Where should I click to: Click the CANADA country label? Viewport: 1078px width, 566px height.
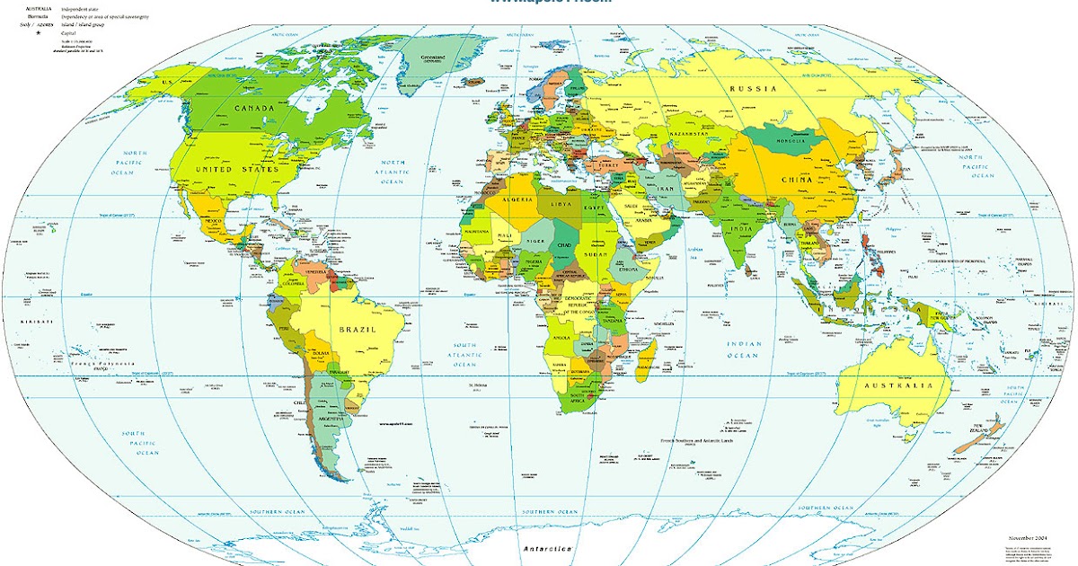click(x=253, y=108)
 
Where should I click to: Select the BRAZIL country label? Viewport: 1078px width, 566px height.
click(x=356, y=330)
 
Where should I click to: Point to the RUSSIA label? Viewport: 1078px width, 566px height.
click(x=752, y=88)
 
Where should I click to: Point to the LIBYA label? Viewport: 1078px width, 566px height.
click(x=560, y=206)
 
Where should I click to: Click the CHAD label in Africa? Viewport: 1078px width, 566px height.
click(x=564, y=245)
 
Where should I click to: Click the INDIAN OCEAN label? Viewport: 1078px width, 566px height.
click(x=745, y=349)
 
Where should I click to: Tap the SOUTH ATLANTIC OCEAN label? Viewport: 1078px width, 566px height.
click(x=464, y=356)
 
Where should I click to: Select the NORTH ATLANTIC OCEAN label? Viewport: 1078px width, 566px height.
click(x=393, y=172)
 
